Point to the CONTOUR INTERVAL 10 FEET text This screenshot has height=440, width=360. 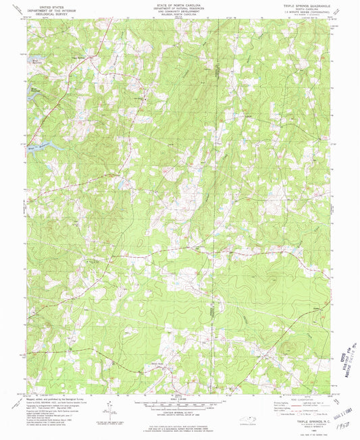coord(180,410)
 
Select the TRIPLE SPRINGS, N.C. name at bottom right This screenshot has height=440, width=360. coord(310,420)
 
